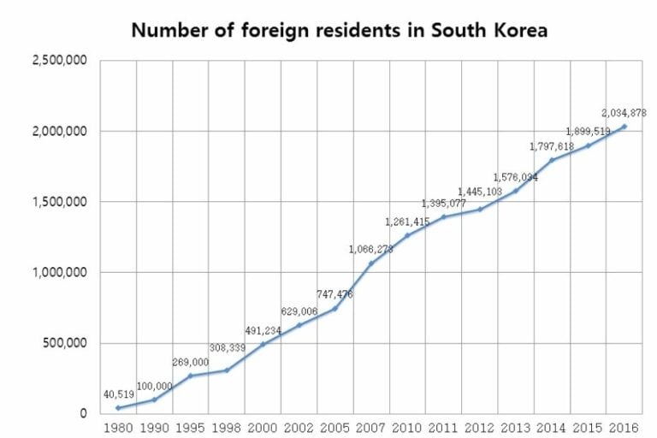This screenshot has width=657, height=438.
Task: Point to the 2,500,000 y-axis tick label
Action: click(x=58, y=61)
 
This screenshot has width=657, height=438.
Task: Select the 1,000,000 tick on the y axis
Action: click(x=58, y=273)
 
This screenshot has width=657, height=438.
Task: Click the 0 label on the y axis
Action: click(x=83, y=414)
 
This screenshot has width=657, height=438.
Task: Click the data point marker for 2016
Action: click(x=624, y=127)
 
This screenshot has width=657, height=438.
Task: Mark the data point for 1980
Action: click(x=117, y=408)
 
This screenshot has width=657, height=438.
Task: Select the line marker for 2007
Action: click(x=370, y=263)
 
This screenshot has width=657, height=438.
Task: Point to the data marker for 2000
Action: click(x=262, y=344)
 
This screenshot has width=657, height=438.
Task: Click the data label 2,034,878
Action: click(x=624, y=112)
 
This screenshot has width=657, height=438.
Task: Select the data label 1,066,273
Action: click(x=370, y=249)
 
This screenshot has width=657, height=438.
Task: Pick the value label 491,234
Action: click(x=262, y=329)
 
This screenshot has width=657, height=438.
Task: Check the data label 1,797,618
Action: click(x=552, y=146)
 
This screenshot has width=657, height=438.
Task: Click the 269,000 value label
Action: click(x=190, y=362)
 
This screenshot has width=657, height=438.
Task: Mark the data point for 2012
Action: click(x=479, y=209)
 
